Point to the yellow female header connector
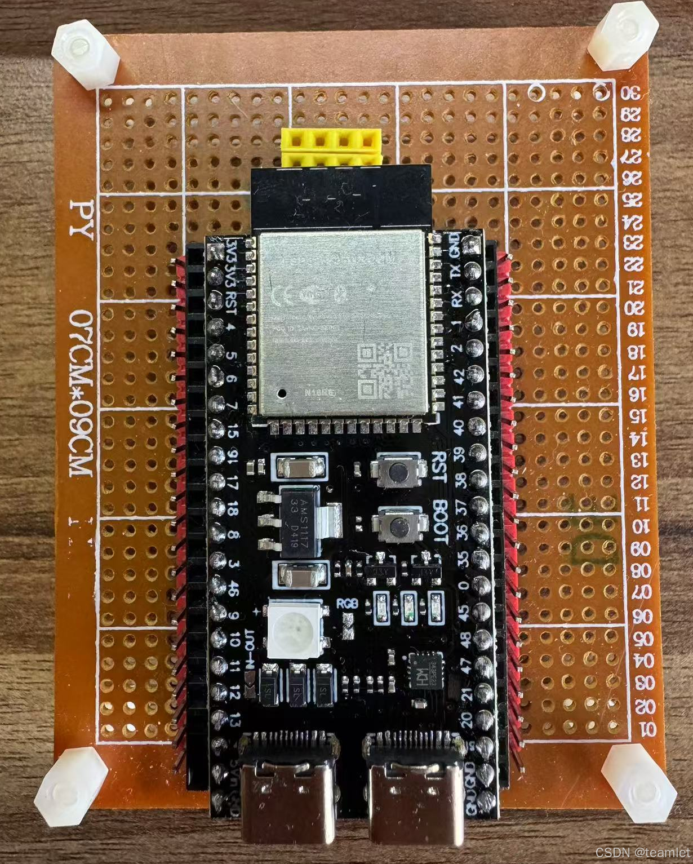coord(331,148)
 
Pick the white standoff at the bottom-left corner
coord(70,788)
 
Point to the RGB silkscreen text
coord(348,602)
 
